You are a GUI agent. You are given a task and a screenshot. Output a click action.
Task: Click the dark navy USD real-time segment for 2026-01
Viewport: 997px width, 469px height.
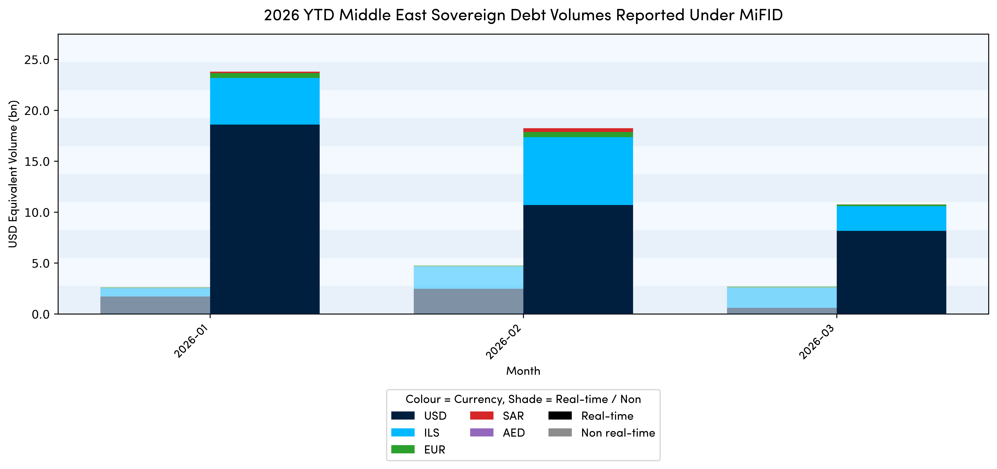[x=265, y=219]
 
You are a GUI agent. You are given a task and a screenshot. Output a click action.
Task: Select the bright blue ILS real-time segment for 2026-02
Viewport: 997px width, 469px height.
[x=578, y=171]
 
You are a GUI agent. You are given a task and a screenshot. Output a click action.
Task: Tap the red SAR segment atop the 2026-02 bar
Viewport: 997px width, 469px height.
[x=578, y=130]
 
